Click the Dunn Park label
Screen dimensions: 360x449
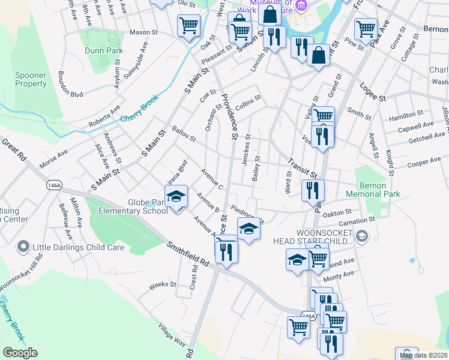(103, 50)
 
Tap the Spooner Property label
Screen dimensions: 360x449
(31, 80)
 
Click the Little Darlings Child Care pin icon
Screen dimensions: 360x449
(23, 247)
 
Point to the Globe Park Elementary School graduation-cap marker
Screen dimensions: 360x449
(176, 197)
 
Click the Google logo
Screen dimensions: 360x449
(20, 353)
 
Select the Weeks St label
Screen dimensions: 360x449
(161, 286)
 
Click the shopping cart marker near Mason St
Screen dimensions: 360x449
(188, 25)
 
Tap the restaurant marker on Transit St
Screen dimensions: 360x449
(313, 190)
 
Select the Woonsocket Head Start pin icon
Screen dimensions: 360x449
(361, 236)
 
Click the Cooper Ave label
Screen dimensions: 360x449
(424, 163)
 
